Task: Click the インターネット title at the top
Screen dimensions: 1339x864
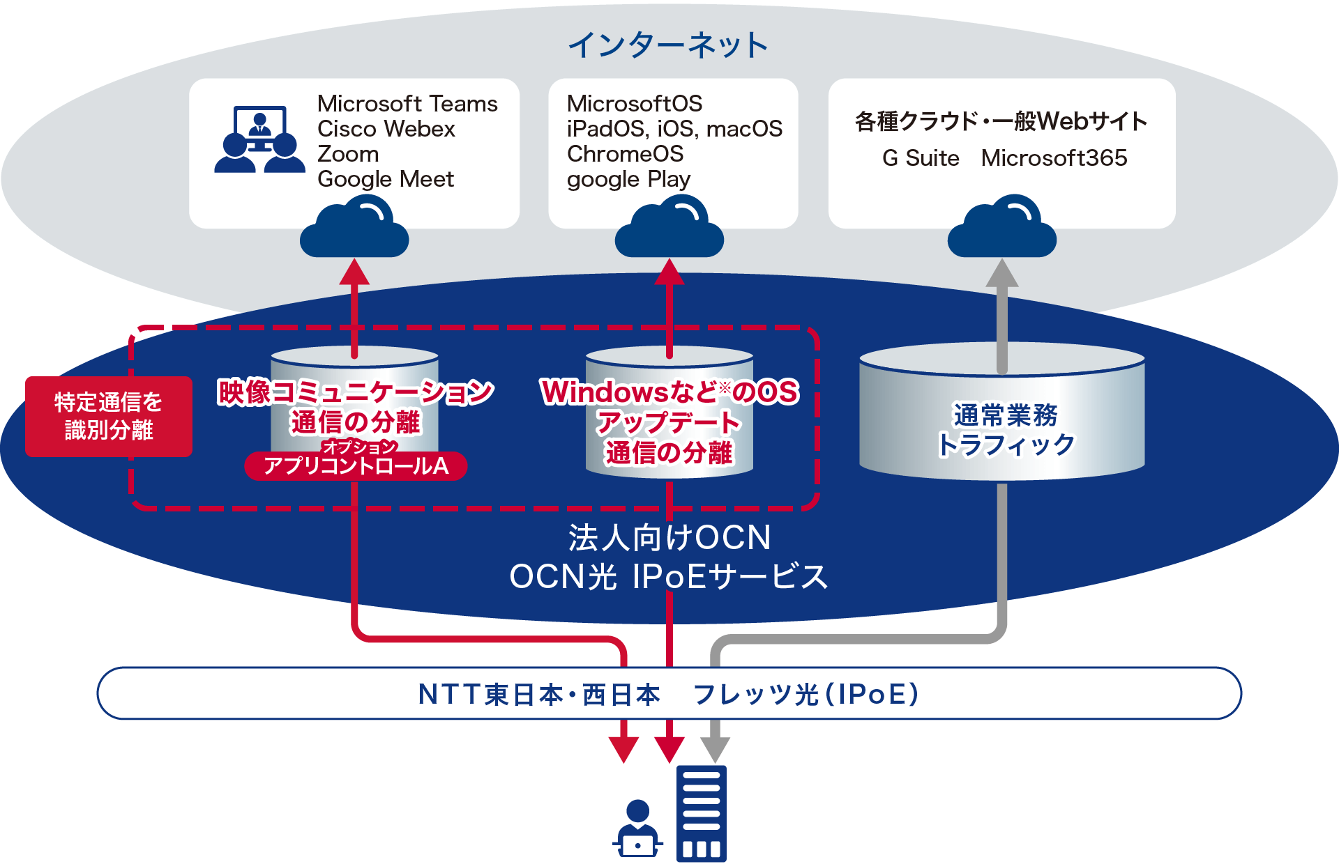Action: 668,45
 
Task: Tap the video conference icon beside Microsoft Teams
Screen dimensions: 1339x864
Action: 259,139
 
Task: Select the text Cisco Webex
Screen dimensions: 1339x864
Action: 386,129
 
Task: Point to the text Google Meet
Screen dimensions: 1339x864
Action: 386,180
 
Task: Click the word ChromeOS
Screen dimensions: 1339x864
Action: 625,154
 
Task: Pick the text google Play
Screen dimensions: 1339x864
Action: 628,180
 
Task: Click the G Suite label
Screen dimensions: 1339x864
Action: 921,158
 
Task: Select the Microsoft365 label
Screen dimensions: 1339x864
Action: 1054,158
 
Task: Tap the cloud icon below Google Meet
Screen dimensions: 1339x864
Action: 354,226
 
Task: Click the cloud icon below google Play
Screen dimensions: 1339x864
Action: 669,226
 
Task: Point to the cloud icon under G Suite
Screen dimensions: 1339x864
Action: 1002,226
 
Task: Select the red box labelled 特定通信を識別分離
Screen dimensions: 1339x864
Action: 109,417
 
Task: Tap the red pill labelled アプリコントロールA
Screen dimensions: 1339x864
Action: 356,465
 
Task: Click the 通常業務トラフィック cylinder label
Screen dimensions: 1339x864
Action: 1006,430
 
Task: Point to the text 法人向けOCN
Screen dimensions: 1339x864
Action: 669,538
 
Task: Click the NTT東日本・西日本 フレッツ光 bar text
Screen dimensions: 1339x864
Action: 668,694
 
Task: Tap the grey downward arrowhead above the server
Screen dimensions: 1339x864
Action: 715,750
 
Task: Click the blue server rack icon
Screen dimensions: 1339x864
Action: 702,814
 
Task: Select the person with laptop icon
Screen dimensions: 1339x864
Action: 637,829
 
